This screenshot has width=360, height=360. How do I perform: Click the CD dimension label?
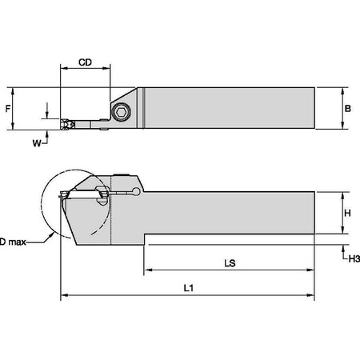(86, 62)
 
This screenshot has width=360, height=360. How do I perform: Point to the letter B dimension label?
(346, 106)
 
